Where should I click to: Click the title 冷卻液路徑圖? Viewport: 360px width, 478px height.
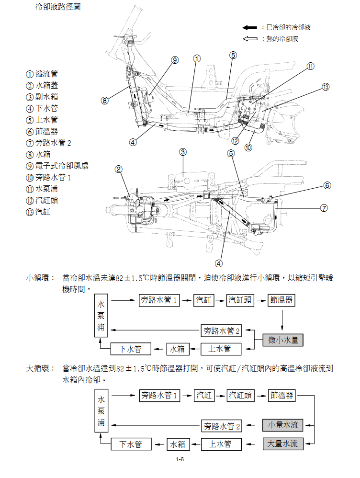(57, 8)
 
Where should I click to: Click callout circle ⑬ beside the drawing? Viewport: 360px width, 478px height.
(326, 87)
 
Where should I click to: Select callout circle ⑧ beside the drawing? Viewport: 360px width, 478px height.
(105, 101)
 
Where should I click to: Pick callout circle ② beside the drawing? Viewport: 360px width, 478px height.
(119, 169)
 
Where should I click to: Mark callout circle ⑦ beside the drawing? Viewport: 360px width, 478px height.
(324, 208)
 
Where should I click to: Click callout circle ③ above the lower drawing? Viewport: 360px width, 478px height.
(183, 152)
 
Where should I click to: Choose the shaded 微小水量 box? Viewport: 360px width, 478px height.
(283, 340)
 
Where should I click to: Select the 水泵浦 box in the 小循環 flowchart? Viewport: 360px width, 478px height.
(101, 316)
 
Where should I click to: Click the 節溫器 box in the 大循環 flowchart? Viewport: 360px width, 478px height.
(281, 395)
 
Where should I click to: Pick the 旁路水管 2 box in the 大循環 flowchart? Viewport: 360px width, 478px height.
(222, 425)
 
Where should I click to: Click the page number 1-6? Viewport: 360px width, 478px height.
(180, 461)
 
